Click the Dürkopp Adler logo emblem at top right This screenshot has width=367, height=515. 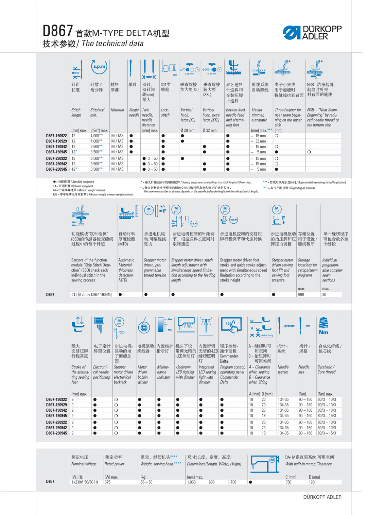click(292, 33)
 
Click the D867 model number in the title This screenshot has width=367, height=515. click(57, 31)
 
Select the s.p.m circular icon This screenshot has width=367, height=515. click(99, 67)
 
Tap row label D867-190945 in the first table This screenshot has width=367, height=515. click(56, 152)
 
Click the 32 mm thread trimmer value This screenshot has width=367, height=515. click(260, 141)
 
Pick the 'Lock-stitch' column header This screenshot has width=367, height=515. click(165, 113)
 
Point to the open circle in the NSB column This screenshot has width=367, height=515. click(309, 152)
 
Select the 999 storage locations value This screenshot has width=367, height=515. click(301, 295)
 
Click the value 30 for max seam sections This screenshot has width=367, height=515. click(324, 295)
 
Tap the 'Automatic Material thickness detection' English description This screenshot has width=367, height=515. click(126, 270)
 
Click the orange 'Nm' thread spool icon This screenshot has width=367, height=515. click(324, 326)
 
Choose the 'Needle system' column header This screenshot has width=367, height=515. click(283, 370)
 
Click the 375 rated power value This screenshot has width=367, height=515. click(107, 482)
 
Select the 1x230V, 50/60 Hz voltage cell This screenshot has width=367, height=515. click(85, 482)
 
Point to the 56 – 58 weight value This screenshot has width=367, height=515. click(146, 482)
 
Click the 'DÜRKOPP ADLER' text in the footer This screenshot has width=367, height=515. click(322, 497)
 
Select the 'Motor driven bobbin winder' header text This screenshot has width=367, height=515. click(143, 375)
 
